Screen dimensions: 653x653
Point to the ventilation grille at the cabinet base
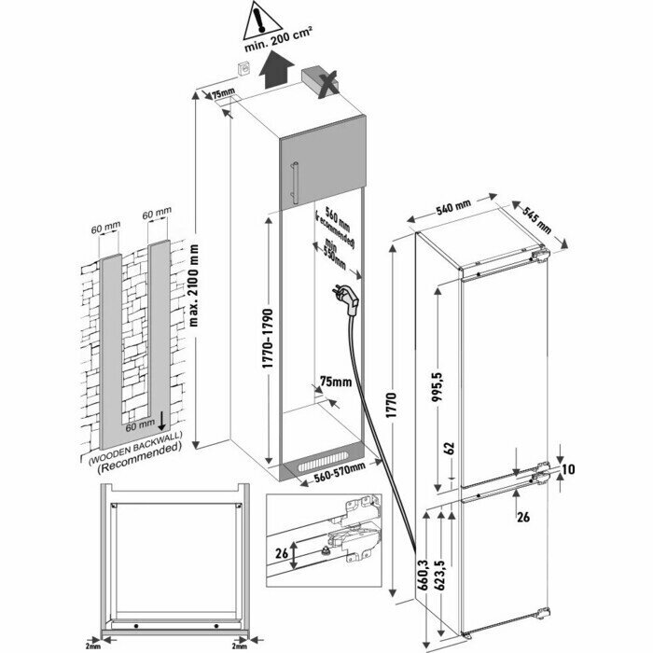click(319, 465)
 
